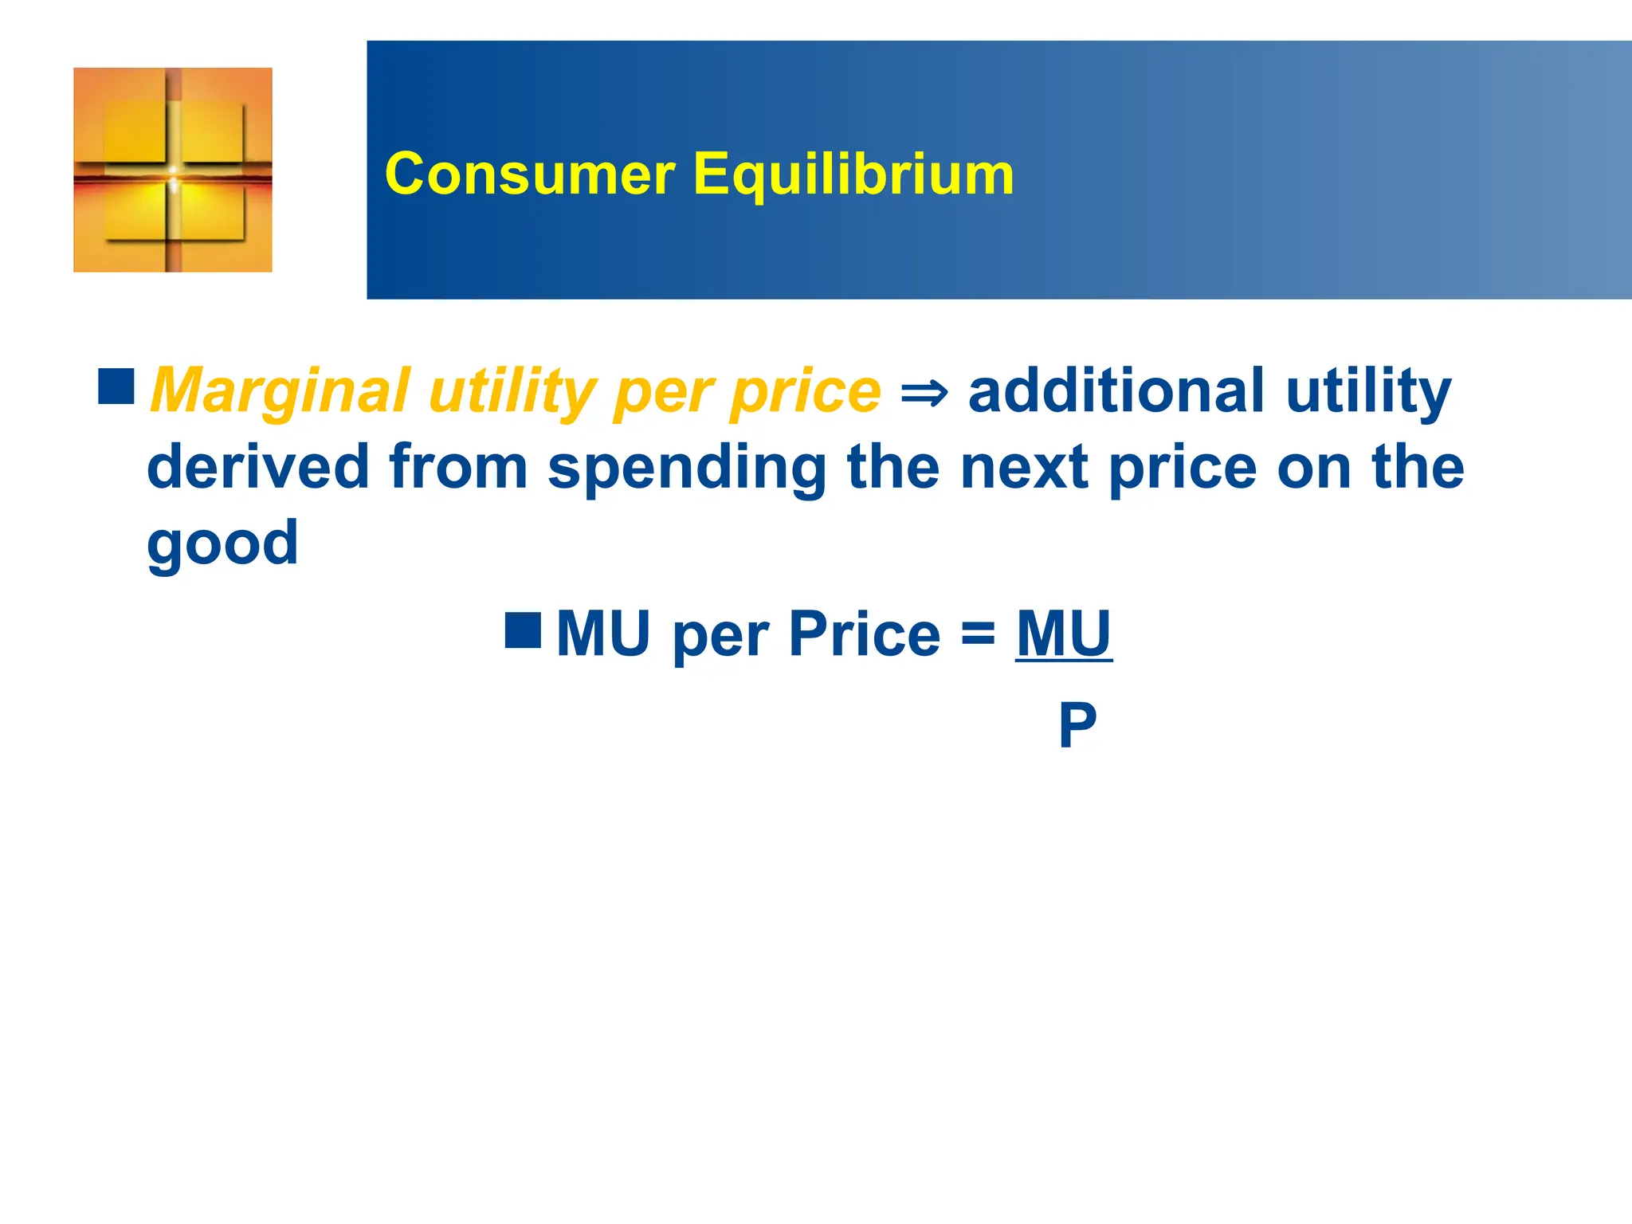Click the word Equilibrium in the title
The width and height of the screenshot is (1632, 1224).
pyautogui.click(x=853, y=175)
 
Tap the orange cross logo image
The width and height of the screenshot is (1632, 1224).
pyautogui.click(x=173, y=170)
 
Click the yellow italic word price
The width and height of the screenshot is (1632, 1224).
pyautogui.click(x=806, y=392)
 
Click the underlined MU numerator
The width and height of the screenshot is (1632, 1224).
pyautogui.click(x=1064, y=634)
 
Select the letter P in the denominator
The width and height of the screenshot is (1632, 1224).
pyautogui.click(x=1077, y=724)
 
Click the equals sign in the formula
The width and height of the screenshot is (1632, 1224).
pyautogui.click(x=978, y=634)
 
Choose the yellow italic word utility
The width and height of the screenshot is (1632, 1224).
pyautogui.click(x=512, y=392)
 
